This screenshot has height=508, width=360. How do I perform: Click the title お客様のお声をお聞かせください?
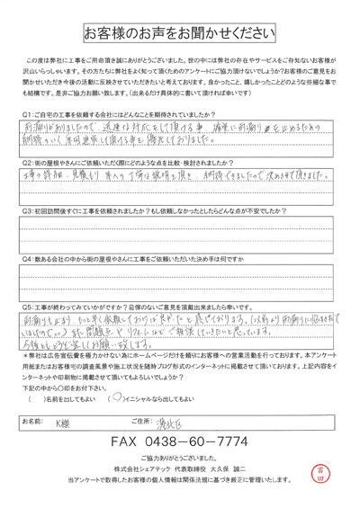click(180, 34)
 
